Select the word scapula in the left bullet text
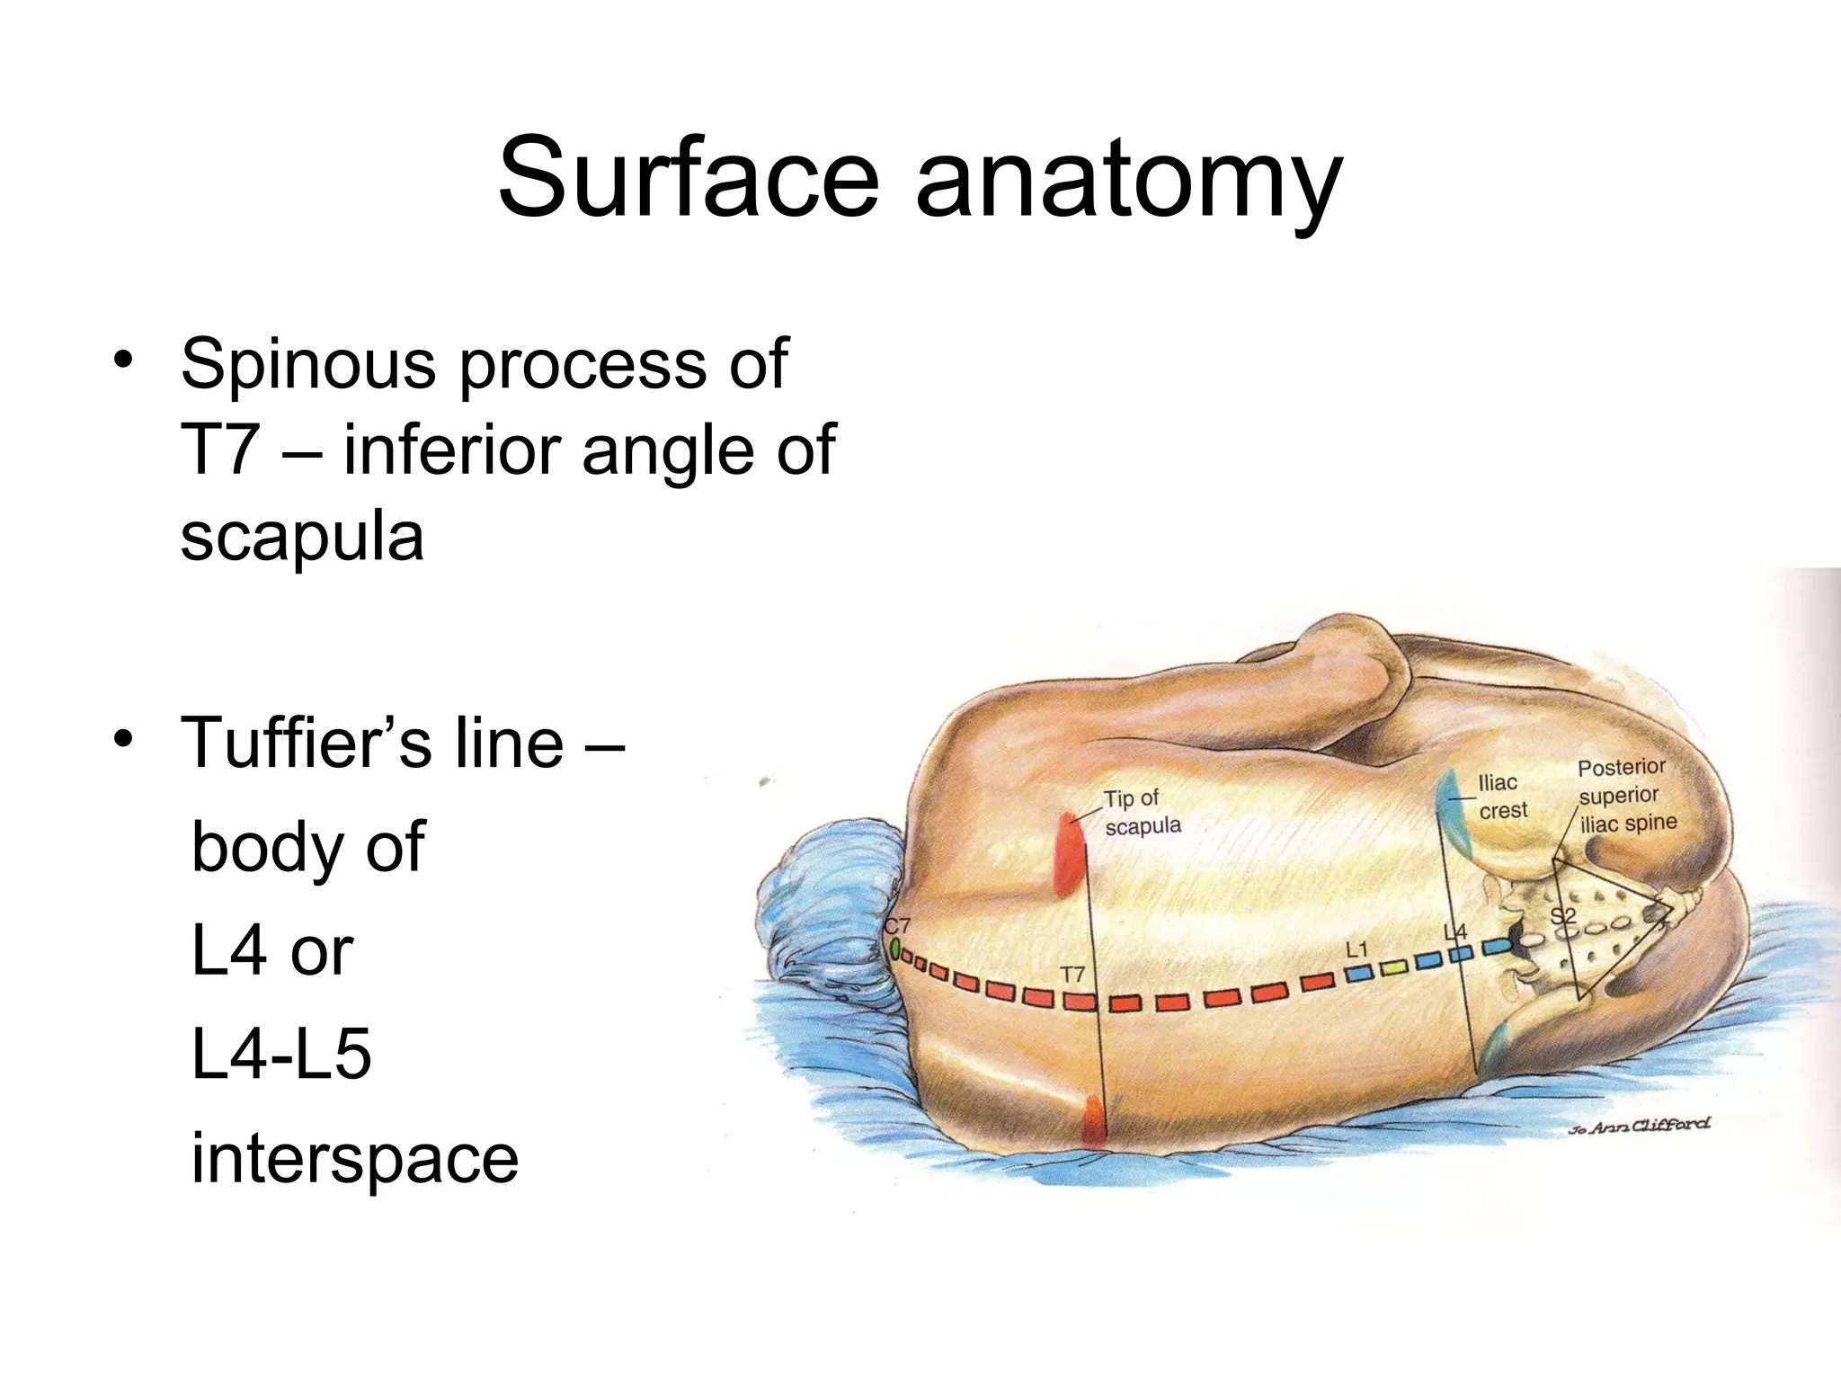[x=302, y=538]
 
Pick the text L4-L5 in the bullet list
[x=281, y=1055]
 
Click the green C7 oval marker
[x=894, y=948]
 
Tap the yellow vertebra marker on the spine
[x=1392, y=968]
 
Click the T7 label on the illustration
[x=1072, y=975]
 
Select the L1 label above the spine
[x=1356, y=949]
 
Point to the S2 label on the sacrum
[x=1564, y=916]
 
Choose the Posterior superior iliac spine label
[x=1626, y=795]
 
